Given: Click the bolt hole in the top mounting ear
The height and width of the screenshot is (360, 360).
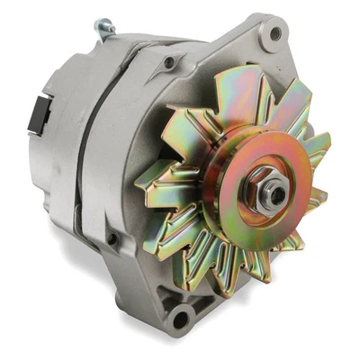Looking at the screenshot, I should click(274, 35).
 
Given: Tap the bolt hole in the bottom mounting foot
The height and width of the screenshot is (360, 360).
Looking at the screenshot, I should click(183, 317).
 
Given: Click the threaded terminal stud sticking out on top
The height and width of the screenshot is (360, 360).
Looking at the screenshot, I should click(105, 30).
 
